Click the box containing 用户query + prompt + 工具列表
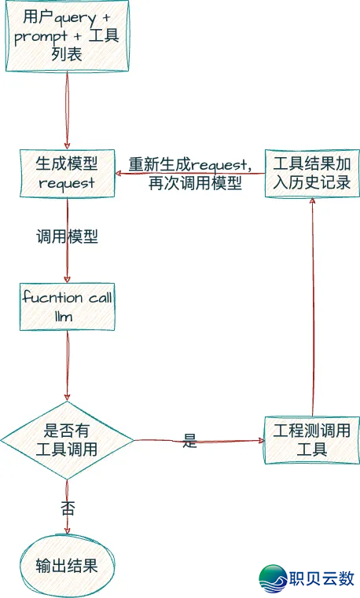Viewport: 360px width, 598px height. coord(66,36)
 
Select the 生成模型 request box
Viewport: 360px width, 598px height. coord(66,173)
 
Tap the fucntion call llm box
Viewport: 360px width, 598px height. coord(67,306)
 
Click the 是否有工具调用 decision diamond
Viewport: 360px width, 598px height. coord(67,440)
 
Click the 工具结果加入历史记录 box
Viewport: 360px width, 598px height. coord(311,174)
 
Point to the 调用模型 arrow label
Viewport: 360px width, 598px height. coord(67,237)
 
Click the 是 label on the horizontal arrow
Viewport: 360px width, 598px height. coord(189,441)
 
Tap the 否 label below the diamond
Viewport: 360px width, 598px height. coord(68,508)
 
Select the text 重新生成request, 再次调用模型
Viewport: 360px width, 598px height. coord(190,174)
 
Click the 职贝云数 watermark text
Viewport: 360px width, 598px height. coord(323,578)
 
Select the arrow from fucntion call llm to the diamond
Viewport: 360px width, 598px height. coord(68,365)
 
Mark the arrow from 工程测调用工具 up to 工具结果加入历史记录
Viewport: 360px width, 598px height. coord(313,306)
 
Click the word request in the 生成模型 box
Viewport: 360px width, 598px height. coord(66,183)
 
